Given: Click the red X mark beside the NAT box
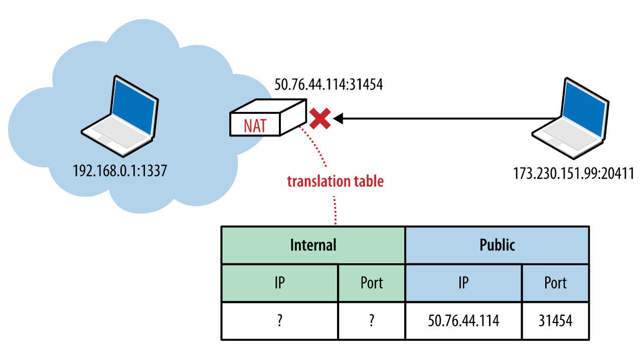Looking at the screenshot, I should point(319,119).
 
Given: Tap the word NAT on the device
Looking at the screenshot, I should point(255,125).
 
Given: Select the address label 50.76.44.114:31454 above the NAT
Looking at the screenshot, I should point(329,85).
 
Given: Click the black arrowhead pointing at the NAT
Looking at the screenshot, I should point(339,119).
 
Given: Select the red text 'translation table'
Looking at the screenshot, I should point(335,181).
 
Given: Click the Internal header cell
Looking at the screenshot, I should point(313,245).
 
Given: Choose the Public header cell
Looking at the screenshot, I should point(497,245).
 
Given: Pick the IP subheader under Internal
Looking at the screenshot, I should point(279,283).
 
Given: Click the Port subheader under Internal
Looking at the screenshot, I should point(372,283).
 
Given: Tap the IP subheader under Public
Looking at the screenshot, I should point(463,283).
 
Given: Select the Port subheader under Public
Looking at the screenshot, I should point(555,283).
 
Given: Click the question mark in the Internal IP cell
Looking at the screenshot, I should point(279,321).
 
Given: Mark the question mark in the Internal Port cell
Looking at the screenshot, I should point(372,321).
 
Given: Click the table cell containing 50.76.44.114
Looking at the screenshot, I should point(463,321).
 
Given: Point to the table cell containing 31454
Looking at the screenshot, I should point(555,321).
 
